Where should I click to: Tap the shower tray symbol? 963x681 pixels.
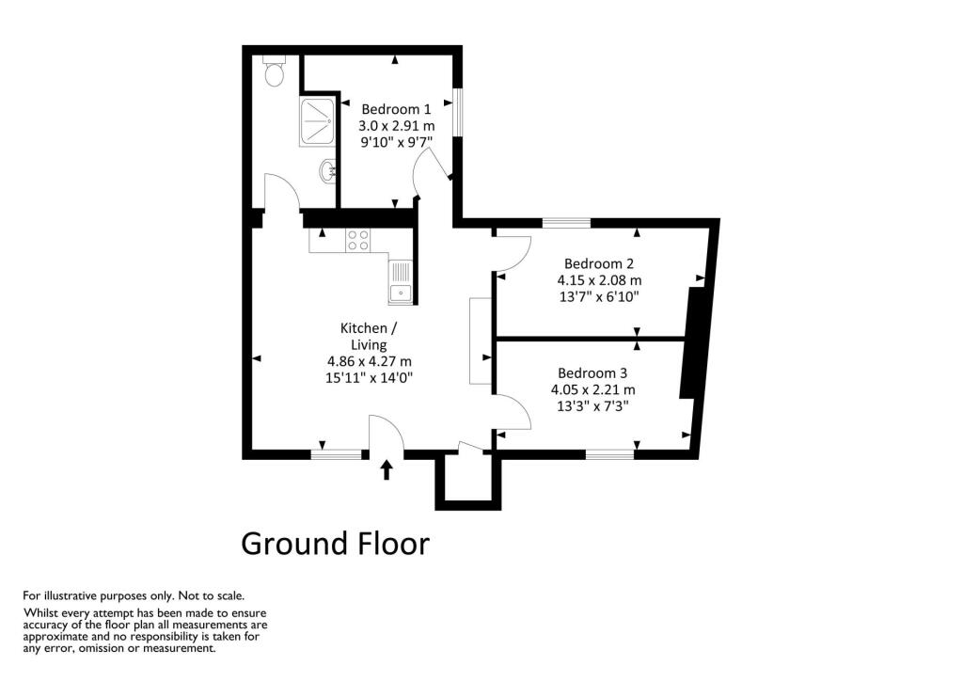(x=318, y=121)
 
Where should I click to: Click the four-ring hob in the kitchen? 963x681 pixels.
(x=358, y=240)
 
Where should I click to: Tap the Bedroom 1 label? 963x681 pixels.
(x=396, y=109)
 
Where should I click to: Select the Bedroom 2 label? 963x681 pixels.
(x=599, y=264)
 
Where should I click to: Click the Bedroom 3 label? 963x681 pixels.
(x=592, y=373)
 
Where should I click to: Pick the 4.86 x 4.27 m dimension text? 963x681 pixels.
(x=369, y=362)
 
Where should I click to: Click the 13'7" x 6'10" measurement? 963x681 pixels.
(x=598, y=297)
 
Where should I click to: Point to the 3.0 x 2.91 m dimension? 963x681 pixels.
(x=397, y=126)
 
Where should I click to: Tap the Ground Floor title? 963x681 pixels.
(x=335, y=544)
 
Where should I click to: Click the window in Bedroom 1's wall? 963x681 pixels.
(x=458, y=112)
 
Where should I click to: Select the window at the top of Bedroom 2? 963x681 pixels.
(x=566, y=223)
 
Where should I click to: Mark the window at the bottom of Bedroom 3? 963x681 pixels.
(x=609, y=455)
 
